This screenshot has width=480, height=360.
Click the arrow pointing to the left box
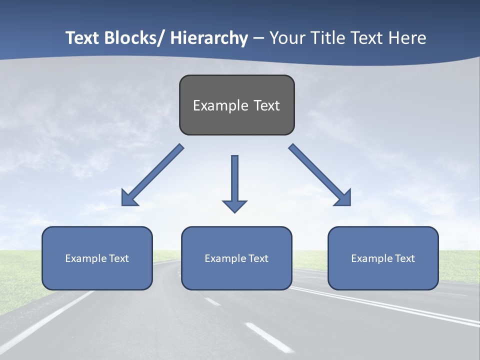pos(152,175)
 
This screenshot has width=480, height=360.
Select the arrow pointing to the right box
pos(320,175)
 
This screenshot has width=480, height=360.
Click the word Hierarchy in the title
pos(209,38)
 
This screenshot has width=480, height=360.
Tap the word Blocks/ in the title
pos(135,38)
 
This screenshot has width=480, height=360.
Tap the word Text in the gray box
pos(266,105)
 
